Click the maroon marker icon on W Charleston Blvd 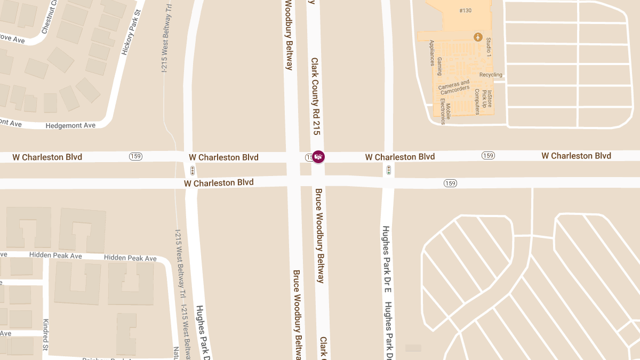318,157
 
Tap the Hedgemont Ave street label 70,125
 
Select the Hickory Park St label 131,33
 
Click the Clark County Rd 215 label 316,96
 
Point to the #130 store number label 465,11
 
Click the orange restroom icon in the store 478,37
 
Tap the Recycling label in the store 491,75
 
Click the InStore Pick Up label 487,99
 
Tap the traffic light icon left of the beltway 192,171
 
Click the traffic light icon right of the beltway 389,170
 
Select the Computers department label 477,101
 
